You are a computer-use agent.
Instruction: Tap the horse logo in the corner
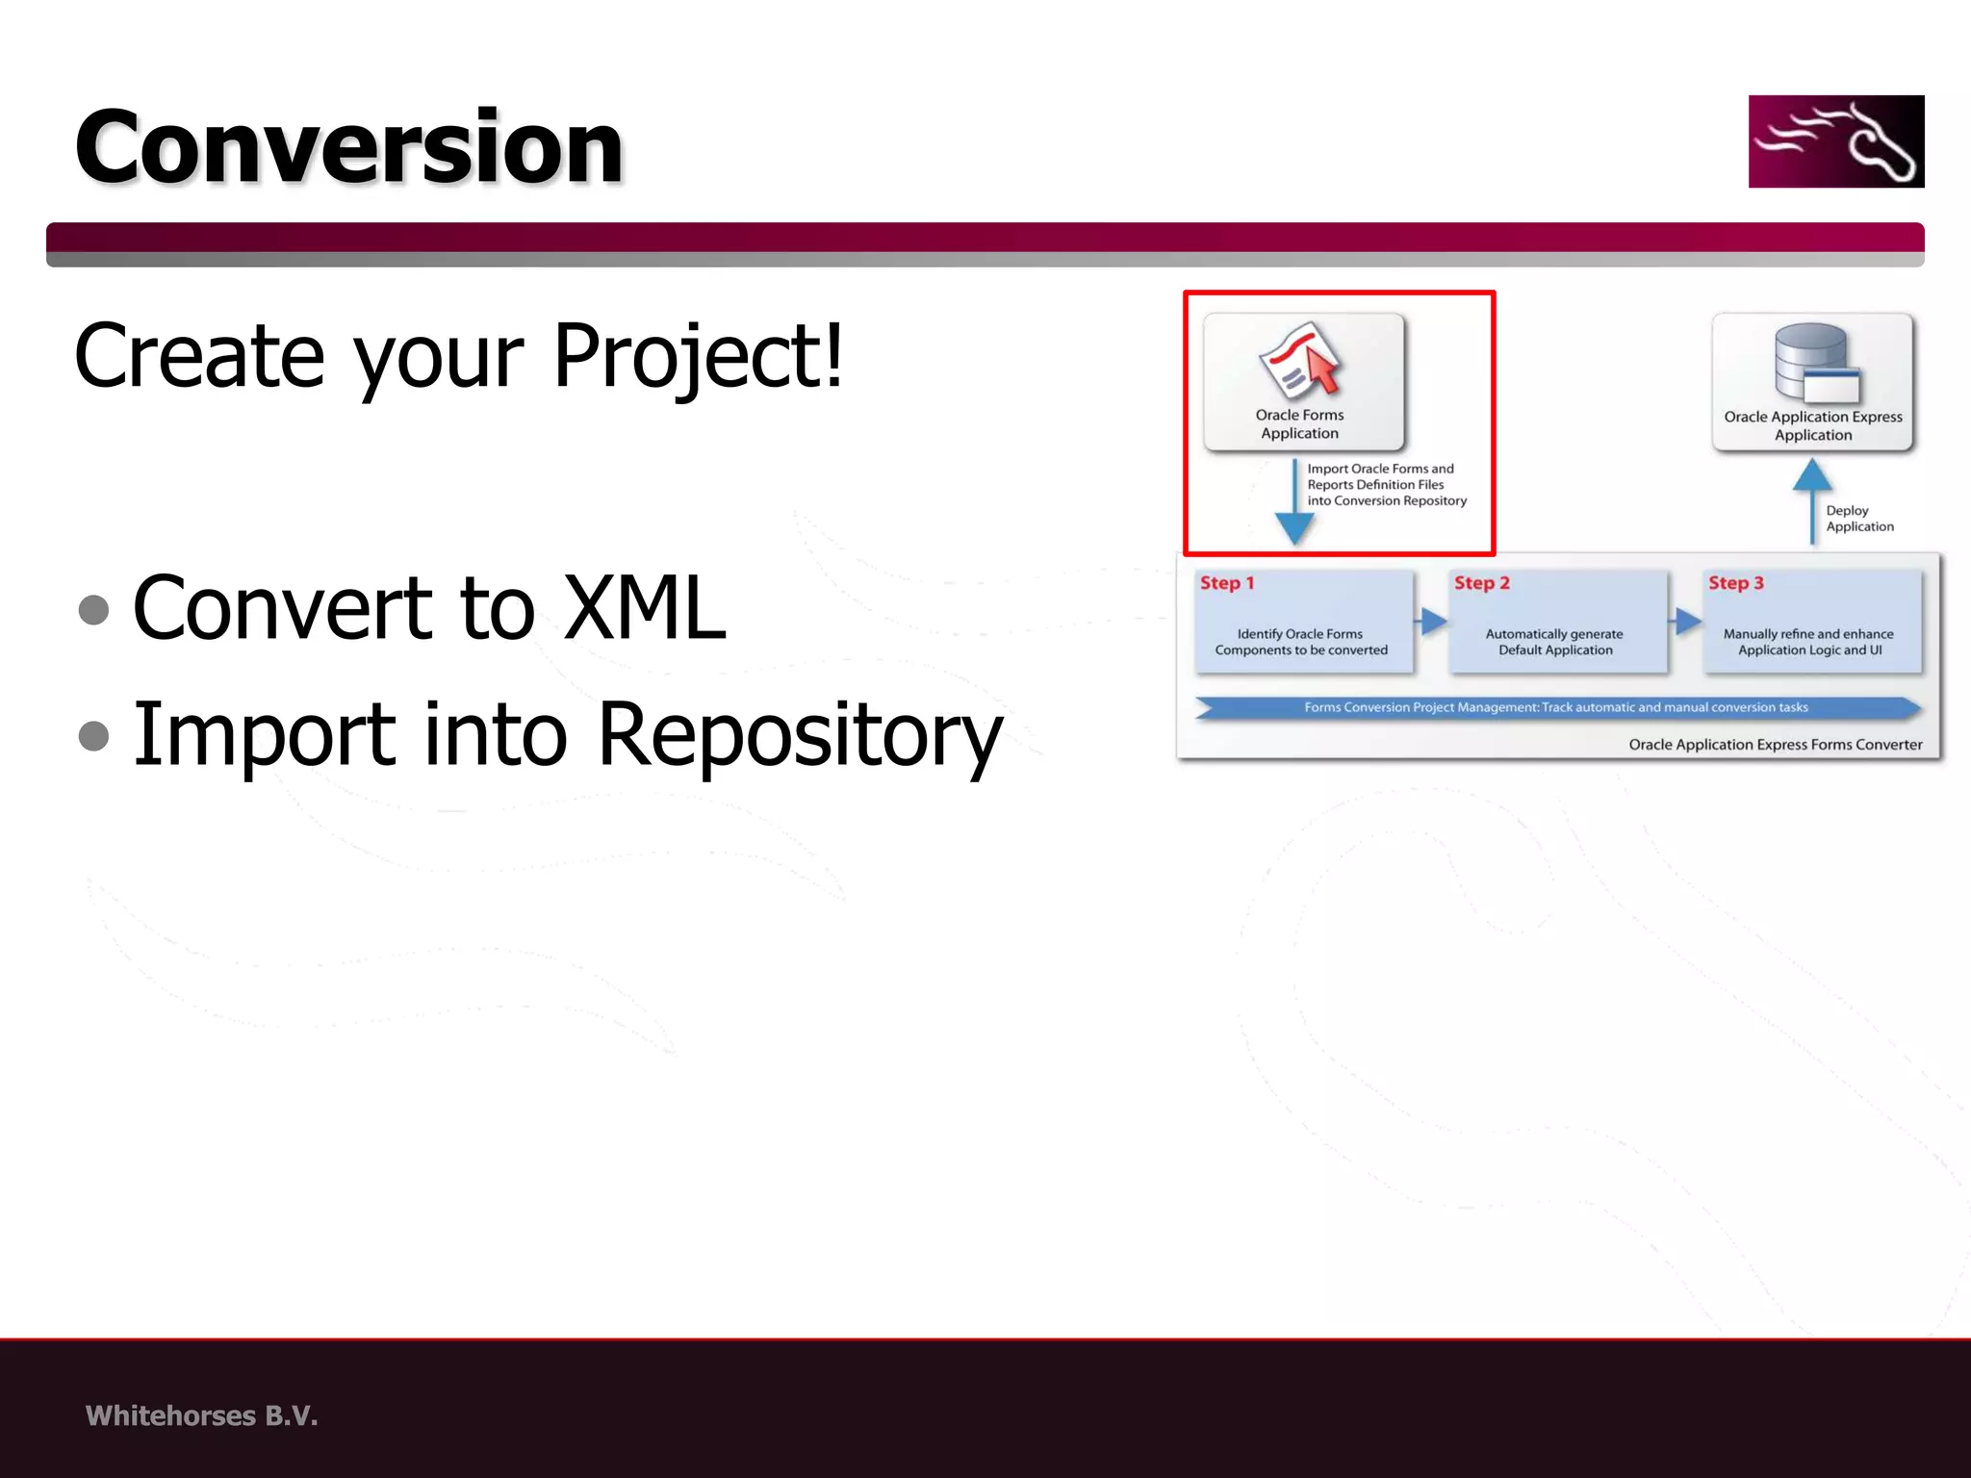click(1835, 141)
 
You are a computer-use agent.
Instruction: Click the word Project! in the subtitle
click(699, 356)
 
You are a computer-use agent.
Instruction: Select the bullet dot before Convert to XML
click(93, 609)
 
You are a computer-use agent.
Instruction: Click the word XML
click(644, 608)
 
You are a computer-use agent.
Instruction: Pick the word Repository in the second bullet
click(799, 735)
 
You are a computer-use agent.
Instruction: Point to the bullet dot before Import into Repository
click(93, 735)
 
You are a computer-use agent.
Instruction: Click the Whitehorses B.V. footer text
click(201, 1415)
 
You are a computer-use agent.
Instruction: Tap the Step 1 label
click(1226, 583)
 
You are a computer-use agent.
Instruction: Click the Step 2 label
click(1481, 583)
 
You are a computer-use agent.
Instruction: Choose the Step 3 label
click(1735, 583)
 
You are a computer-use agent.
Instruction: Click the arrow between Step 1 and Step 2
click(1432, 622)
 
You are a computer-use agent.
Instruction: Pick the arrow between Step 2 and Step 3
click(1686, 622)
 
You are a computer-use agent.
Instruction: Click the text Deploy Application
click(1858, 519)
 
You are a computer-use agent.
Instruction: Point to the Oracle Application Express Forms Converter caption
click(1775, 745)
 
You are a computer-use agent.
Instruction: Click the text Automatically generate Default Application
click(1554, 642)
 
